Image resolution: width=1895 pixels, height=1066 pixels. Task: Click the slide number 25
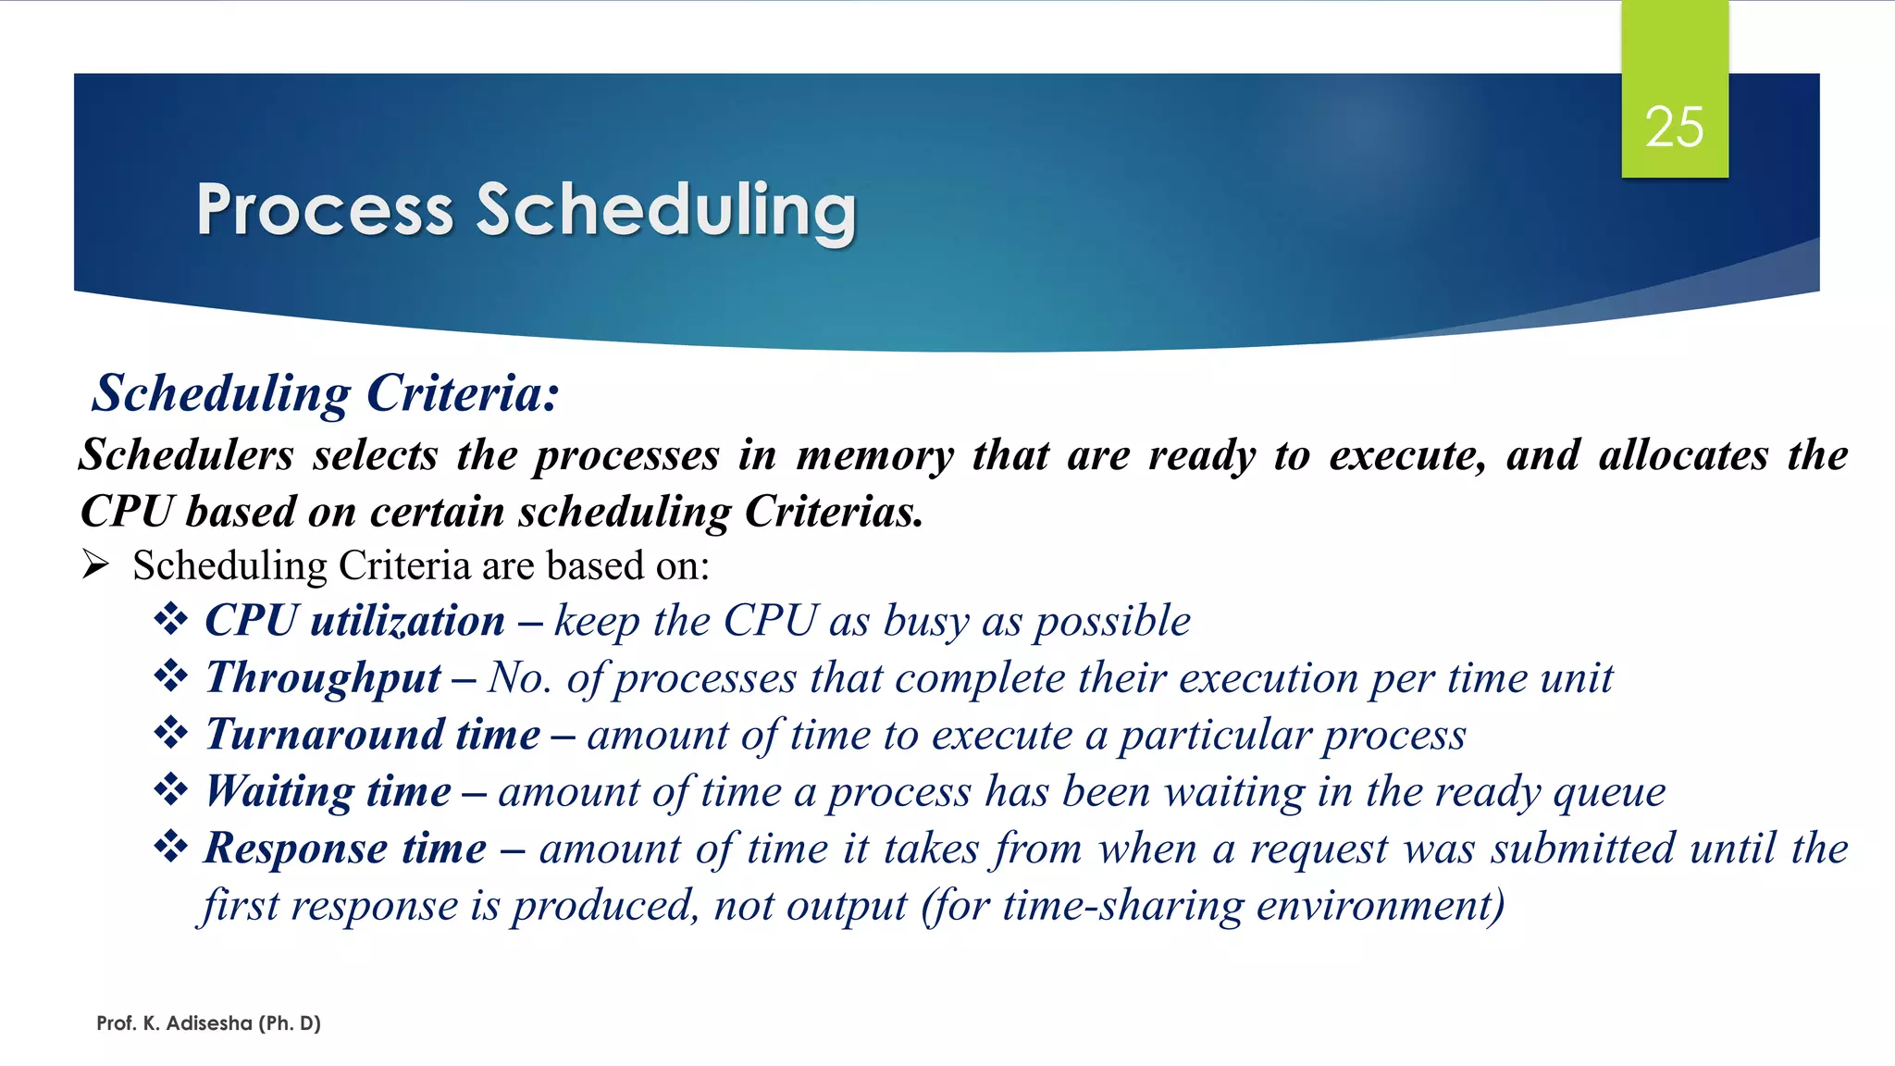click(1674, 127)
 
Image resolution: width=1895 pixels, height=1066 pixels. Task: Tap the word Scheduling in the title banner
click(665, 210)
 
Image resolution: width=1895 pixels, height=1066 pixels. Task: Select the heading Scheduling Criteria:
click(326, 393)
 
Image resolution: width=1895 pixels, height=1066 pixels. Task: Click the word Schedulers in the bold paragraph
click(186, 455)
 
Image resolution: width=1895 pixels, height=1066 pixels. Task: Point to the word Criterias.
click(834, 512)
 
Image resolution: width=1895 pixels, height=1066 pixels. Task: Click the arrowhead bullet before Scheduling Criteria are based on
click(96, 564)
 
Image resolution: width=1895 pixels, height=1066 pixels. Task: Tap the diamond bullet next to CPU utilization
click(171, 619)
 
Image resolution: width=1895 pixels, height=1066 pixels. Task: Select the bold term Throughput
click(323, 678)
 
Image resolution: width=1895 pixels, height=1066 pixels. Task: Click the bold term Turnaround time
click(373, 735)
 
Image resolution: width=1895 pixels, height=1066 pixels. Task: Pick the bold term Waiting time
click(328, 792)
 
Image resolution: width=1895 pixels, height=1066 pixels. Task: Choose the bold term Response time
click(345, 849)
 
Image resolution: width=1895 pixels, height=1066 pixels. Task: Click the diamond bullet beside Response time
click(171, 846)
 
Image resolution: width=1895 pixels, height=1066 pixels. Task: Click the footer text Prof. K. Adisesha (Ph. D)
click(208, 1023)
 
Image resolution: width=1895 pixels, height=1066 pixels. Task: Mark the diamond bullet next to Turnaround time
click(171, 733)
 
